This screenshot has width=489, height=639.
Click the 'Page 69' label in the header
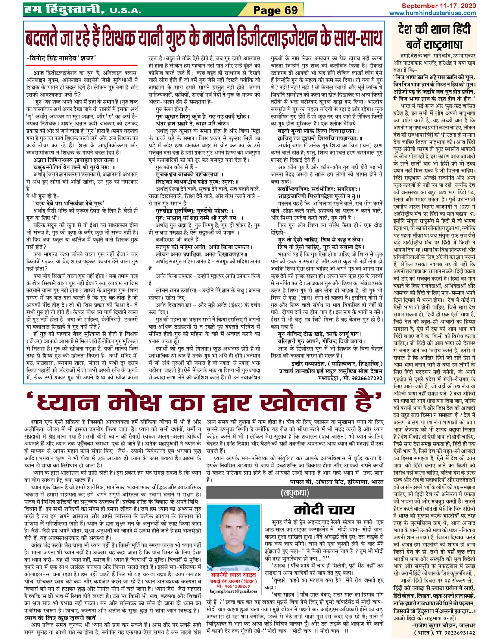[275, 10]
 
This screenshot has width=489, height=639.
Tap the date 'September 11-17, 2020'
[439, 6]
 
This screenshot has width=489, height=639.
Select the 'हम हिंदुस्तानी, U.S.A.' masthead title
[81, 9]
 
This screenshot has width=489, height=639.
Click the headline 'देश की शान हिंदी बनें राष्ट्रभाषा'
[434, 37]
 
